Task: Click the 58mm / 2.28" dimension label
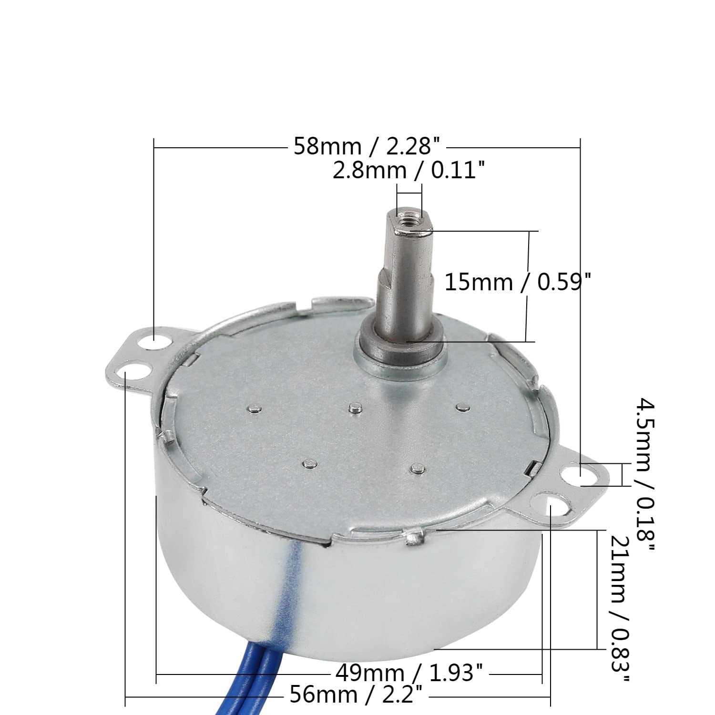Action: click(366, 147)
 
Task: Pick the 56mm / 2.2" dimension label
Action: click(356, 695)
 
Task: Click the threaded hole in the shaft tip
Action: click(410, 220)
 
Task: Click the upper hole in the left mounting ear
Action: click(156, 341)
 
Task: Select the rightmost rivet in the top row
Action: click(460, 406)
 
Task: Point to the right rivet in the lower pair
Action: click(418, 469)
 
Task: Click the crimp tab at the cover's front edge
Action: click(412, 538)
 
